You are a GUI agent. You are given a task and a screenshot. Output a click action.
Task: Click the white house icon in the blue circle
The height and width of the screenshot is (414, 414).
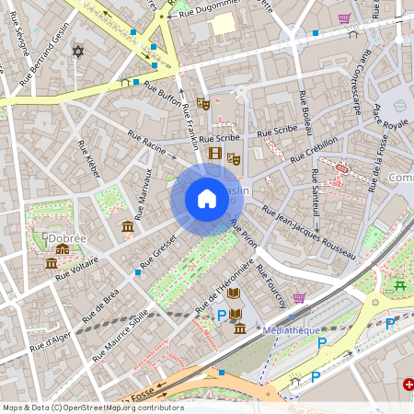207,199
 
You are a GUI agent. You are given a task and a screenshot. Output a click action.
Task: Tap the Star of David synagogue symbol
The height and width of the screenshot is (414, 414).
77,52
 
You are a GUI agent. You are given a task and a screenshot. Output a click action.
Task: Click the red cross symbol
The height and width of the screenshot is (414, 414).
408,385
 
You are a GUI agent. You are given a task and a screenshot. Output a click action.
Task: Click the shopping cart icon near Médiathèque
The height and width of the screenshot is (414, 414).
299,298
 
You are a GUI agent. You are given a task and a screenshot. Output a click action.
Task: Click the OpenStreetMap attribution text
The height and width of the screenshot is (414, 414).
92,408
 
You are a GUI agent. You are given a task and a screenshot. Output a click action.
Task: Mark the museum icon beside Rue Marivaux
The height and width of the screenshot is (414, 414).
127,226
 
